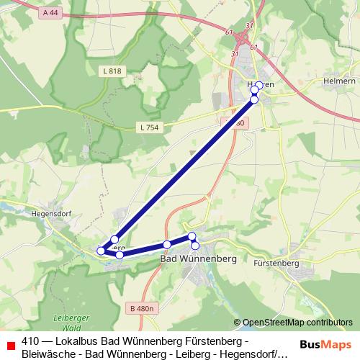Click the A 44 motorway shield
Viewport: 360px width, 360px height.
(x=50, y=13)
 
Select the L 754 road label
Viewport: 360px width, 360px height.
(x=149, y=127)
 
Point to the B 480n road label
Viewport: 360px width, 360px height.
(x=143, y=308)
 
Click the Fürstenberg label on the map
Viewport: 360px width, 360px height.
(x=276, y=264)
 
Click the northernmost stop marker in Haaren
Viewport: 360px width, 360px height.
(x=259, y=84)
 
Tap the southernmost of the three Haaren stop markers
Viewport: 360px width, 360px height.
(x=254, y=99)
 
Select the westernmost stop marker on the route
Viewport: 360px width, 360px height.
(x=101, y=251)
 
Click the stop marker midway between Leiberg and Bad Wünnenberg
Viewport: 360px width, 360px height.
(x=167, y=245)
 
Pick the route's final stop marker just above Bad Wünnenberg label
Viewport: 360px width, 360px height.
(x=195, y=246)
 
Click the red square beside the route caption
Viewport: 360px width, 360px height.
(x=9, y=341)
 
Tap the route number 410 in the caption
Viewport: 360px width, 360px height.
(x=30, y=341)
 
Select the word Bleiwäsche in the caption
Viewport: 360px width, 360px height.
(x=50, y=354)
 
